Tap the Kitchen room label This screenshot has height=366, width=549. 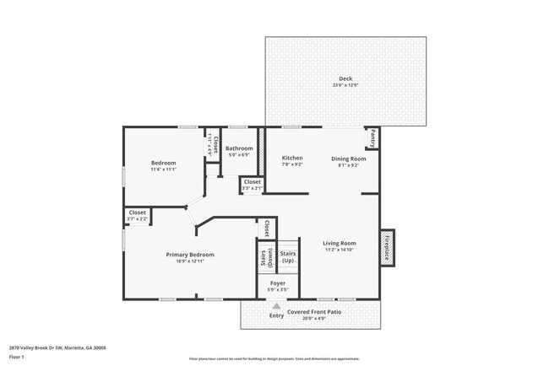tap(292, 158)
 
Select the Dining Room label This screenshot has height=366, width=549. tap(348, 158)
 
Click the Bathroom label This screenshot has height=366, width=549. tap(239, 148)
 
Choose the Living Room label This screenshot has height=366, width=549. tap(340, 244)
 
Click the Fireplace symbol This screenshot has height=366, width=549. tap(388, 248)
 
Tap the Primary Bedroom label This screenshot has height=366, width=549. tap(189, 254)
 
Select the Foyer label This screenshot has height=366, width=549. tap(277, 283)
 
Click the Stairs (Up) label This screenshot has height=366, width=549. tap(287, 256)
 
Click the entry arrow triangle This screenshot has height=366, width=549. tap(276, 306)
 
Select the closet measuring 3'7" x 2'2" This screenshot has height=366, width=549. tap(138, 216)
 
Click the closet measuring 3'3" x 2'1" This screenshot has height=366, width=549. tap(252, 185)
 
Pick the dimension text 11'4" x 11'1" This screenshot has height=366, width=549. tap(164, 170)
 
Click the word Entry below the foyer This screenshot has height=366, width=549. tap(276, 316)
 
